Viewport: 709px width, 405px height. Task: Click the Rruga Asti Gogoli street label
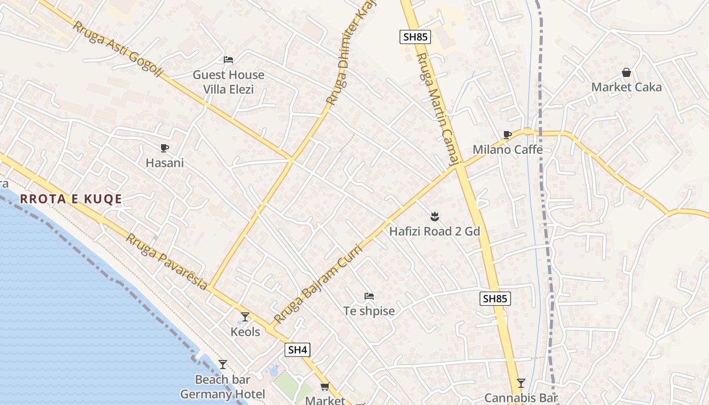coord(117,49)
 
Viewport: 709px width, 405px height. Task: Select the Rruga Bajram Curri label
coord(319,285)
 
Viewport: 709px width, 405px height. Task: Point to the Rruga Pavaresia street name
coord(167,262)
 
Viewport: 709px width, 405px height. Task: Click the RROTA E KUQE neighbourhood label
coord(71,199)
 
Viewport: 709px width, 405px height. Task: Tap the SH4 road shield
coord(297,349)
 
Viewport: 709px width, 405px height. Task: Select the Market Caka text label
coord(626,87)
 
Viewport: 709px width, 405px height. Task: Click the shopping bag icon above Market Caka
coord(626,72)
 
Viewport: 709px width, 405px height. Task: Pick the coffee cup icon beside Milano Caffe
coord(507,135)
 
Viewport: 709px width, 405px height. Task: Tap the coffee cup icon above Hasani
coord(164,148)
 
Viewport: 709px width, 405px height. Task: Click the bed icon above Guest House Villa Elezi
coord(228,60)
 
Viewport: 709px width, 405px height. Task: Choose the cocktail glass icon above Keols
coord(245,317)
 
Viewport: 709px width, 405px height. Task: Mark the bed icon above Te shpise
coord(369,296)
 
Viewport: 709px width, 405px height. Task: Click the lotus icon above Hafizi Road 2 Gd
coord(434,217)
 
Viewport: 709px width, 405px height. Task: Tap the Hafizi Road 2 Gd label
coord(435,231)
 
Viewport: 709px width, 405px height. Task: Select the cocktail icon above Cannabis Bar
coord(521,383)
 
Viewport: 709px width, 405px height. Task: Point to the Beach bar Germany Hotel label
coord(223,387)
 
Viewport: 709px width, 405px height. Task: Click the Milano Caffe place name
coord(507,149)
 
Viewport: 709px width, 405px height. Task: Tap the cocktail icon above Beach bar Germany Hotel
coord(222,364)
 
